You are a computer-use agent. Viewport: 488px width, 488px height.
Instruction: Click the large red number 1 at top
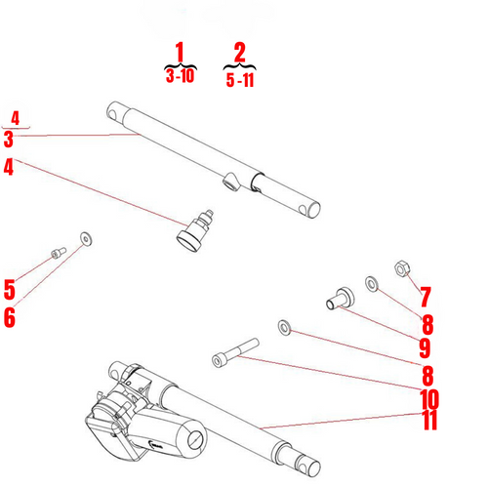[179, 52]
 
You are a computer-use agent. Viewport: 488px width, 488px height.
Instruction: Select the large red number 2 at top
[240, 52]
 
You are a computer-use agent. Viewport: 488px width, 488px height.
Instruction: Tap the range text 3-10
[180, 76]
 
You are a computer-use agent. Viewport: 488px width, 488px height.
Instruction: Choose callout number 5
[9, 290]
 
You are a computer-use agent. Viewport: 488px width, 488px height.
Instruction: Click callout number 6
[10, 318]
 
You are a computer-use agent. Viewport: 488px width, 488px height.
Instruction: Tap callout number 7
[427, 294]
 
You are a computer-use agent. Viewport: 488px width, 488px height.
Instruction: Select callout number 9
[426, 346]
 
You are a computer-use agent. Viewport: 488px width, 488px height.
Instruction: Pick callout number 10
[427, 399]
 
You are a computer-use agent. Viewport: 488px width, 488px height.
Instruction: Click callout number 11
[427, 422]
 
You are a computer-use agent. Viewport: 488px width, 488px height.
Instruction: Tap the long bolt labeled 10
[234, 352]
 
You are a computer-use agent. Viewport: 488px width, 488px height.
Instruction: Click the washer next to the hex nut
[372, 283]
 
